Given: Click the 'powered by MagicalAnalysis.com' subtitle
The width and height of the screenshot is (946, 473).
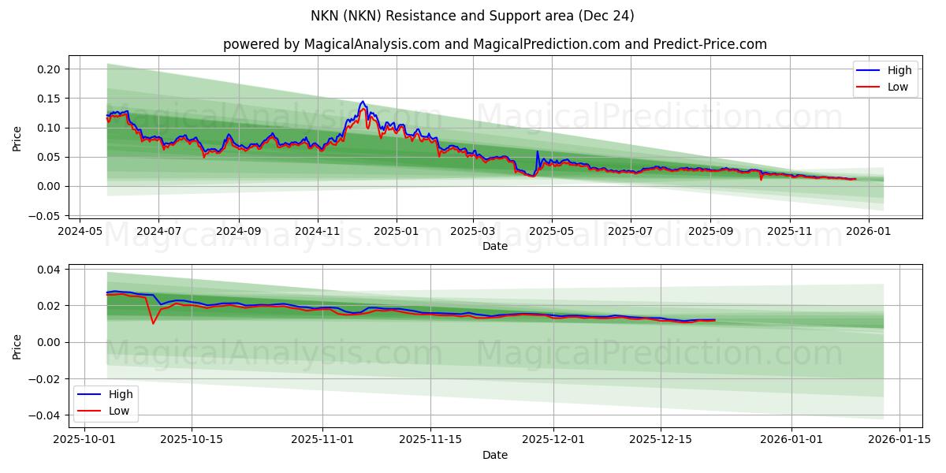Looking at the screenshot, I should coord(494,44).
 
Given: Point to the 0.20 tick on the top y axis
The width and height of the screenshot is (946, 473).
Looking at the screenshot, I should coord(49,69).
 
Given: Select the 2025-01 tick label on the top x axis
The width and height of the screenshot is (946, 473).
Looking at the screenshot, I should coord(396,233).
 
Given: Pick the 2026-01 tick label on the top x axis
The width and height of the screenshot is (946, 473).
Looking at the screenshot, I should coord(869,233).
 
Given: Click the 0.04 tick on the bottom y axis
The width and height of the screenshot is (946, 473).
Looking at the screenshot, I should coord(49,270).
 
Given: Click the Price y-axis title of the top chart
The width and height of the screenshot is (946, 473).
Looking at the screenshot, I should coord(17,139).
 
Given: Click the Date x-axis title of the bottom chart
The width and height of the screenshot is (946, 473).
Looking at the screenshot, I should coord(495,455).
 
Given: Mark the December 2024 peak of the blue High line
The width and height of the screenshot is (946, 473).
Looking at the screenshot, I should coord(363,101).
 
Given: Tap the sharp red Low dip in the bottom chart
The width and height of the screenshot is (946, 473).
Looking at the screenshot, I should coord(153,323).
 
